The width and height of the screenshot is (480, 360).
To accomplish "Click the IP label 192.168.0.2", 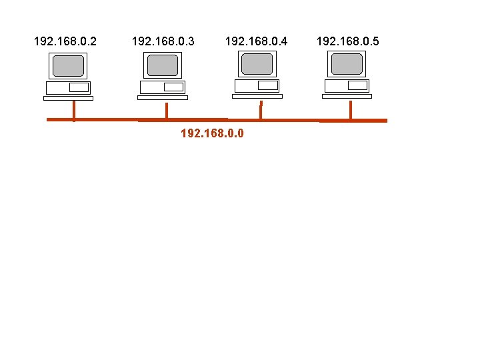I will coord(65,42).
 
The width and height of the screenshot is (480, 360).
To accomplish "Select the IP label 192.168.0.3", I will coord(163,42).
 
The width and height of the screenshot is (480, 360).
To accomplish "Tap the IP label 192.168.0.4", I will coord(257,42).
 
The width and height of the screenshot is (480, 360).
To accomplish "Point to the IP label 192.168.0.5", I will coord(347,42).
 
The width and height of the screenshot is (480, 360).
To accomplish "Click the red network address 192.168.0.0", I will coord(212,133).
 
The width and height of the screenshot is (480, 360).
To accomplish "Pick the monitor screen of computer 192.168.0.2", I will coord(69,66).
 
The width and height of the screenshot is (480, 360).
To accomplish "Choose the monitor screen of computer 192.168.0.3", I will coord(163,65).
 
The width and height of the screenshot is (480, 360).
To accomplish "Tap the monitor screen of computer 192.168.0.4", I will coord(257,64).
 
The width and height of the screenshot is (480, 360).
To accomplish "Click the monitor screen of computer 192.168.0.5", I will coord(347,64).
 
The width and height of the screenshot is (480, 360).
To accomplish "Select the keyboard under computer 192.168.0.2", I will coord(68,98).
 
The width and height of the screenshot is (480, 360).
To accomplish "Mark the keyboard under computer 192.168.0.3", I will coord(163,97).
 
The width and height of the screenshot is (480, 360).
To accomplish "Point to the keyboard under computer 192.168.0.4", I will coord(257,96).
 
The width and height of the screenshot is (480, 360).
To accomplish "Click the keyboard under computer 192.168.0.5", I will coord(347,96).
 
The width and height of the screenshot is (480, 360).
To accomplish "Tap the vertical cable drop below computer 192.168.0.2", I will coord(73,110).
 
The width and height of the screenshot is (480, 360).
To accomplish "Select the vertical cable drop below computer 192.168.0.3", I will coord(166,110).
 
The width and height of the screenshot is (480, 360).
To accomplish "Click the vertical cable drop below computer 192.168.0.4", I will coord(260,111).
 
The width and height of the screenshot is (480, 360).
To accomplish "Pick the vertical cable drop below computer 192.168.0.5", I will coord(351,110).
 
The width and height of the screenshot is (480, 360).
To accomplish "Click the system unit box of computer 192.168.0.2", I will coord(68,87).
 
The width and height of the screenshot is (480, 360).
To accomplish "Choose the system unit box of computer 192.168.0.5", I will coord(347,85).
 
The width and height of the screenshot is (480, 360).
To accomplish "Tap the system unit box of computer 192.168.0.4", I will coord(257,85).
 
